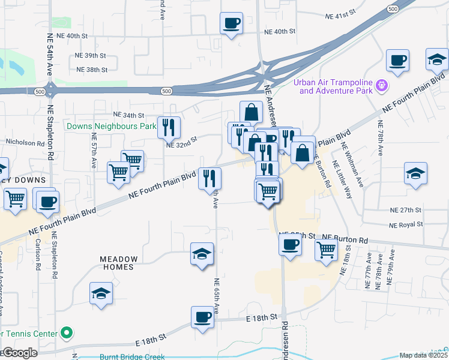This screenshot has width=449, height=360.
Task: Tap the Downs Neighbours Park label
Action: [x=111, y=127]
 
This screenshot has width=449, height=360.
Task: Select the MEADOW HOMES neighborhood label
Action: [x=119, y=263]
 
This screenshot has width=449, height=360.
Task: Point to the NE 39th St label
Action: [x=91, y=55]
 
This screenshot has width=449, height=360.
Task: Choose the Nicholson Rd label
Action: [x=25, y=143]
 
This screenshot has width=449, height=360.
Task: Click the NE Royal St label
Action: [x=406, y=225]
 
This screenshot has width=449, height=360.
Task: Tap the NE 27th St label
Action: [x=406, y=211]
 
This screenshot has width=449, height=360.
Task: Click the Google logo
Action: [x=20, y=353]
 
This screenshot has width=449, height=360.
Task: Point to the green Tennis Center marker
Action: [x=67, y=332]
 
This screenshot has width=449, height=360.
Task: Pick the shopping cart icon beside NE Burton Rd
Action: [x=326, y=248]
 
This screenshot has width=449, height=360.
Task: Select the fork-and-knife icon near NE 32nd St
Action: [x=168, y=127]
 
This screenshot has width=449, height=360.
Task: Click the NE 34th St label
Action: [x=129, y=115]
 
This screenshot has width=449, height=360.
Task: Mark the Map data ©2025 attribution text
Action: [x=423, y=355]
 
